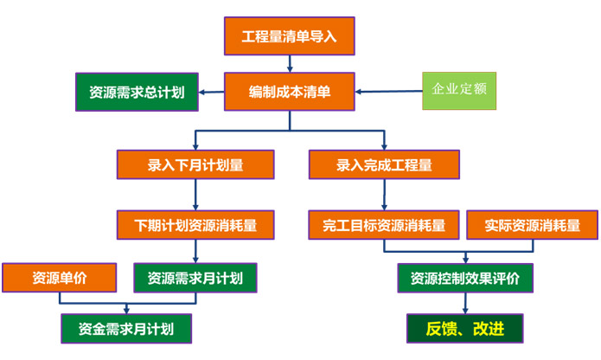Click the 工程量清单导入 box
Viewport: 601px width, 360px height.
pyautogui.click(x=290, y=36)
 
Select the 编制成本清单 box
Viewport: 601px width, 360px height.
pyautogui.click(x=290, y=92)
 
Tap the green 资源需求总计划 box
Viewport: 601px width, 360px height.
pyautogui.click(x=137, y=92)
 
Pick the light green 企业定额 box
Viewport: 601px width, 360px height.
pyautogui.click(x=459, y=91)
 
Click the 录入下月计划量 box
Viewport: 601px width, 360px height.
pyautogui.click(x=195, y=164)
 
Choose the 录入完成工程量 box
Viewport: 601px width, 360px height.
pyautogui.click(x=384, y=164)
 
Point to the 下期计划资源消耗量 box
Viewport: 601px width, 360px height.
pyautogui.click(x=195, y=225)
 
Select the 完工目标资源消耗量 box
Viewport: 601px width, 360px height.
pyautogui.click(x=384, y=225)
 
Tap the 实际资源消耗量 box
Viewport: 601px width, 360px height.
pyautogui.click(x=532, y=225)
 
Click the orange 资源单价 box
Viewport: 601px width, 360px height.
pyautogui.click(x=60, y=278)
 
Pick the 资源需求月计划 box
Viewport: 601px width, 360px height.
pyautogui.click(x=195, y=278)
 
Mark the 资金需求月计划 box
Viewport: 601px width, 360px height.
pyautogui.click(x=126, y=329)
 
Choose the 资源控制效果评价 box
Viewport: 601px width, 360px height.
pyautogui.click(x=465, y=278)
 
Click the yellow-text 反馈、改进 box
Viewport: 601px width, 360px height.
pyautogui.click(x=465, y=329)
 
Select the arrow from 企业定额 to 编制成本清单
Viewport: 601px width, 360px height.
pyautogui.click(x=388, y=92)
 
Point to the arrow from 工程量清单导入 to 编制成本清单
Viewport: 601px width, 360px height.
pyautogui.click(x=290, y=64)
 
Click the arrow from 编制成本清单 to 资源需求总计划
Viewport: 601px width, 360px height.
pyautogui.click(x=211, y=92)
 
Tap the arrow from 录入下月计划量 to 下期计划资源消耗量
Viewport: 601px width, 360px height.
pyautogui.click(x=195, y=195)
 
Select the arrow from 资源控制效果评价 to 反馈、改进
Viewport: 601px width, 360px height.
pyautogui.click(x=465, y=303)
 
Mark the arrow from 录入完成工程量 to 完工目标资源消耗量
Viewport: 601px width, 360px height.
pyautogui.click(x=384, y=195)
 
